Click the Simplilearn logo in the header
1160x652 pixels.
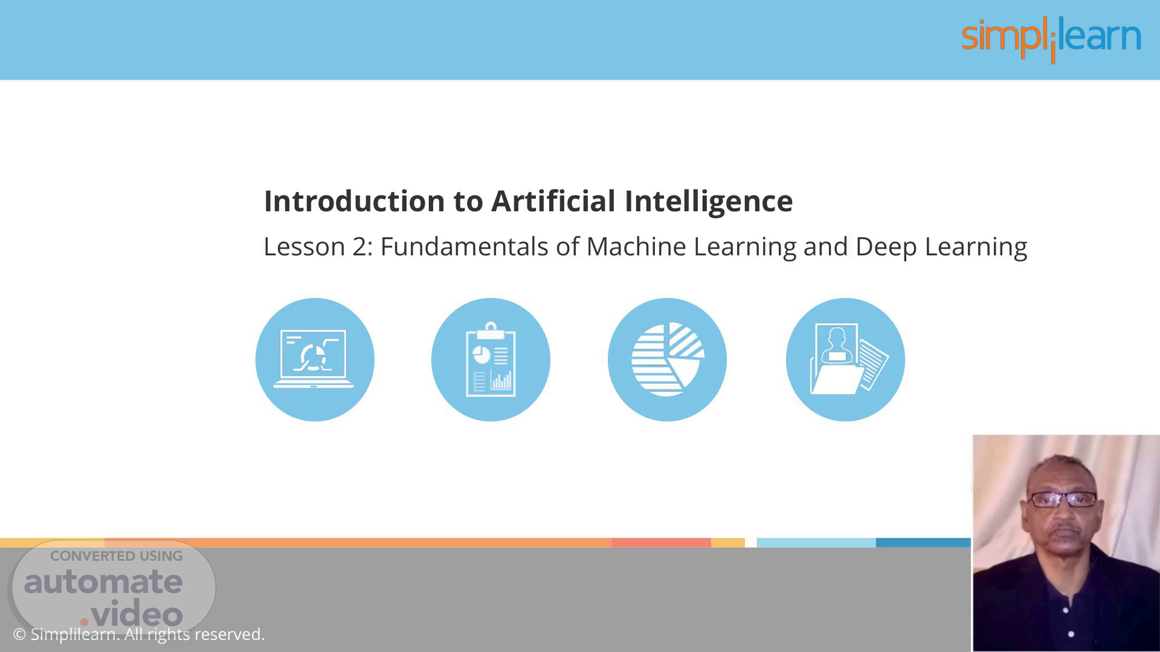pos(1051,40)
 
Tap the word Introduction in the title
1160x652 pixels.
pos(355,200)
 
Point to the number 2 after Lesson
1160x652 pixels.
pos(359,247)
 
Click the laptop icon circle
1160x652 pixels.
pos(315,360)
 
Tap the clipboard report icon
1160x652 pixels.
pos(491,360)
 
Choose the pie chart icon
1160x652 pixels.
pos(667,360)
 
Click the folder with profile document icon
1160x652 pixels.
pos(845,360)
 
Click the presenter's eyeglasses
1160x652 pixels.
pos(1063,499)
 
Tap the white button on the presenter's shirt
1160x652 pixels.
pos(1071,634)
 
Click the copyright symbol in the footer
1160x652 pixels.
pos(19,634)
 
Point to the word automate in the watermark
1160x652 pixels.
pos(103,581)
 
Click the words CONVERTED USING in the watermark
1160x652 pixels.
pos(116,556)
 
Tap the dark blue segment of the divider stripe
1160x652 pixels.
pos(923,543)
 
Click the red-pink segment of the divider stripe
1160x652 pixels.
pos(661,543)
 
